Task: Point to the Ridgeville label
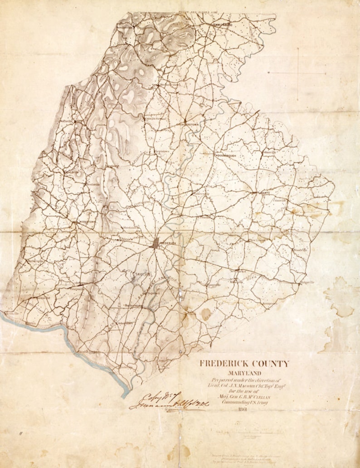(307, 282)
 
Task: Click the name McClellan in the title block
(260, 395)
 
